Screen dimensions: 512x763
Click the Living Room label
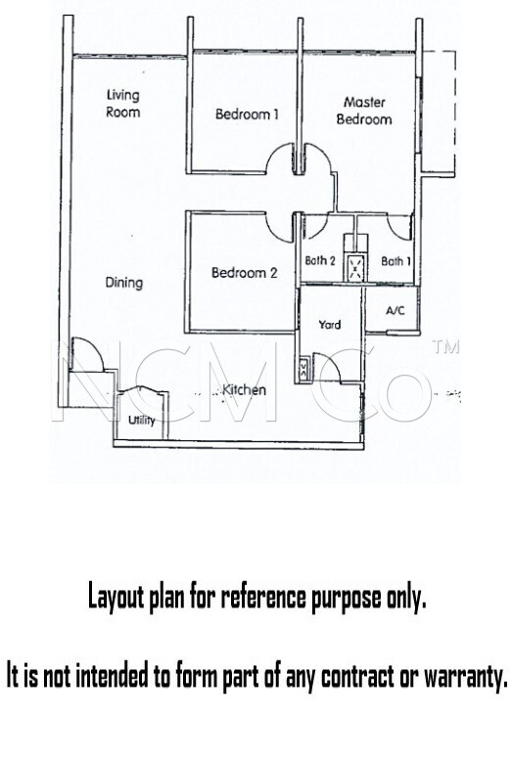(122, 103)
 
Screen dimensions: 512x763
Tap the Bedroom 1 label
(247, 114)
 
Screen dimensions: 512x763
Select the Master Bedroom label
(364, 111)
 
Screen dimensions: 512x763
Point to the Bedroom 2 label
(244, 273)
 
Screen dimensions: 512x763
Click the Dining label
(124, 283)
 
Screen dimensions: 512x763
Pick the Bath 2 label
(320, 261)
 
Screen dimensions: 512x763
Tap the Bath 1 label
(396, 261)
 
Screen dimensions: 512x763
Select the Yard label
(330, 325)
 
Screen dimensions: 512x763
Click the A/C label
(396, 310)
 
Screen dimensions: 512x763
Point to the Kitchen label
(244, 389)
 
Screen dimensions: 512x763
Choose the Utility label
(141, 420)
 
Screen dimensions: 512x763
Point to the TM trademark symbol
(444, 346)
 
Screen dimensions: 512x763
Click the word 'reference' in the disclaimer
(265, 597)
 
